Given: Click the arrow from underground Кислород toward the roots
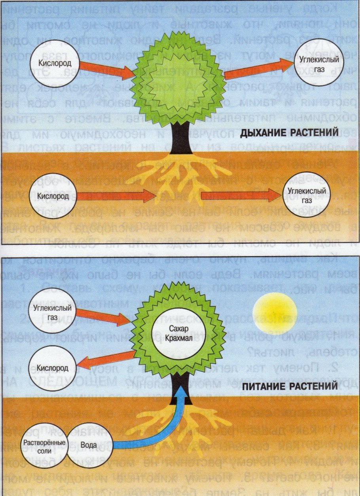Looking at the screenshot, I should coord(115,195).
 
